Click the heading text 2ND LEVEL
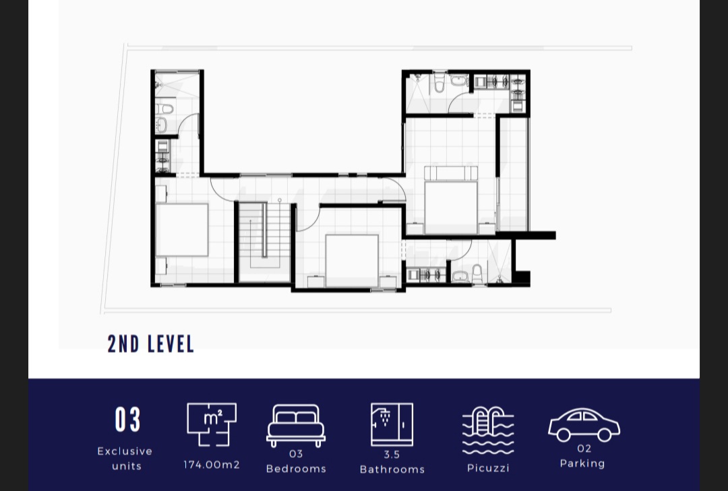[x=151, y=344]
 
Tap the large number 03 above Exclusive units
[x=127, y=420]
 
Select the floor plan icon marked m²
[x=212, y=424]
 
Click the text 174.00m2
[x=212, y=465]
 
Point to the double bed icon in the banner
[x=296, y=425]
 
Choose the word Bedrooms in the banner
[x=296, y=469]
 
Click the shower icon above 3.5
[x=392, y=424]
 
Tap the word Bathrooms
[x=392, y=469]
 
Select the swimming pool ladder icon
[x=488, y=430]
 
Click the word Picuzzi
[x=488, y=468]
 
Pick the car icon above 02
[x=584, y=424]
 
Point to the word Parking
[x=582, y=463]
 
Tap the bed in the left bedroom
[x=181, y=230]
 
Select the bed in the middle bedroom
[x=352, y=261]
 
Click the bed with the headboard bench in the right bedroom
[x=451, y=200]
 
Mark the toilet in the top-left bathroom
[x=164, y=108]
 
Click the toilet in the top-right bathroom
[x=439, y=84]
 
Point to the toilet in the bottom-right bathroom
[x=477, y=274]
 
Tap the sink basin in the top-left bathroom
[x=161, y=125]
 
